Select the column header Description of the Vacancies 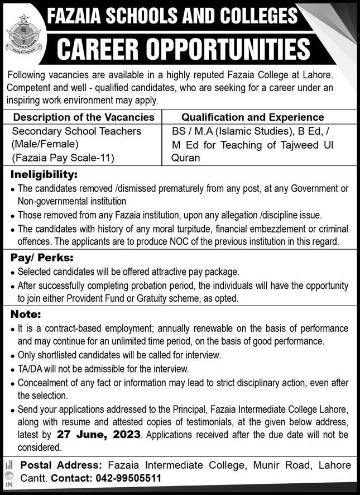coord(84,117)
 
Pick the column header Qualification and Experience coord(253,117)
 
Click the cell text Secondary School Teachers coord(76,131)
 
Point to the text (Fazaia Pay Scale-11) coord(63,158)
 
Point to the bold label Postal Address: coord(61,465)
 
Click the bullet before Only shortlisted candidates coord(12,356)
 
